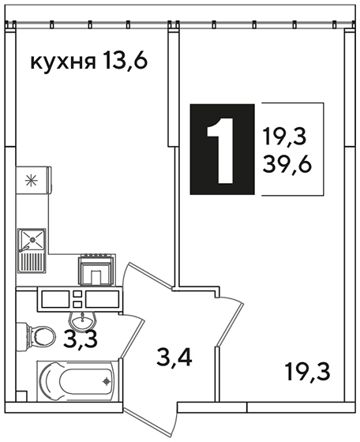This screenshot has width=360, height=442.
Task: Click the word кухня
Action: tap(62, 62)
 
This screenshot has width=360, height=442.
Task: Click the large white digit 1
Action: tap(222, 151)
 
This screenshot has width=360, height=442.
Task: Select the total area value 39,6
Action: tap(287, 165)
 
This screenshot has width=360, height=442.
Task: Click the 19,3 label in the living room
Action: tap(307, 373)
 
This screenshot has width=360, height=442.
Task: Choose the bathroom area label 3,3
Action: tap(81, 340)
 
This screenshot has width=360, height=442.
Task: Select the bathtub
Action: tap(76, 381)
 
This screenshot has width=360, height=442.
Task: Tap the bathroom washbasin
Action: tap(83, 320)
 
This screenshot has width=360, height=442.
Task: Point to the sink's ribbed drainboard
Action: tap(32, 262)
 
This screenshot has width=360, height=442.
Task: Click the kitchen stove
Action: tap(97, 269)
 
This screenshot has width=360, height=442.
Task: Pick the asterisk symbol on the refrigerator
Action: tap(32, 180)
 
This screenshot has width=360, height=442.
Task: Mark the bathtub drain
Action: tap(107, 381)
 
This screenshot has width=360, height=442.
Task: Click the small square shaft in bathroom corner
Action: tap(21, 396)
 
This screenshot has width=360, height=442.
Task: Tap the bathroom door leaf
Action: tap(132, 339)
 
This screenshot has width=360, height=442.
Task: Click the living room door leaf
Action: tap(231, 323)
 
